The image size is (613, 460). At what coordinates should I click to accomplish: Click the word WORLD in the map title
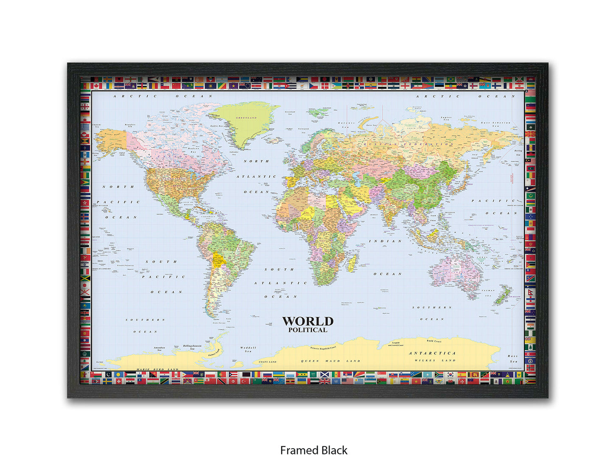point(308,321)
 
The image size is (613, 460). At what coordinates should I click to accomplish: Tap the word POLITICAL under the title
point(308,330)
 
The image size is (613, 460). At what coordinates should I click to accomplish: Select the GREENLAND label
point(246,118)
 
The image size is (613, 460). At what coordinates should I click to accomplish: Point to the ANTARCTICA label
point(432,353)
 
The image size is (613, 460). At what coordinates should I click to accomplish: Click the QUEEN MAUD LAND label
point(330,361)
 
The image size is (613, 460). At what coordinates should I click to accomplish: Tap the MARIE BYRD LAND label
point(157,369)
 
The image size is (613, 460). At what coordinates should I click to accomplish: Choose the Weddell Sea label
point(248,350)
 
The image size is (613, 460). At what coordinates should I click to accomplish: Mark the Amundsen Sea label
point(159,348)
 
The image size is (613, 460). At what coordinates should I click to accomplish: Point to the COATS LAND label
point(267,362)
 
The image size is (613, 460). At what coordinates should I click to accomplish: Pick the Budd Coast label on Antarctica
point(434,341)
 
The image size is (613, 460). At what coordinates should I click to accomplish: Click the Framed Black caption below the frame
point(313,450)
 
